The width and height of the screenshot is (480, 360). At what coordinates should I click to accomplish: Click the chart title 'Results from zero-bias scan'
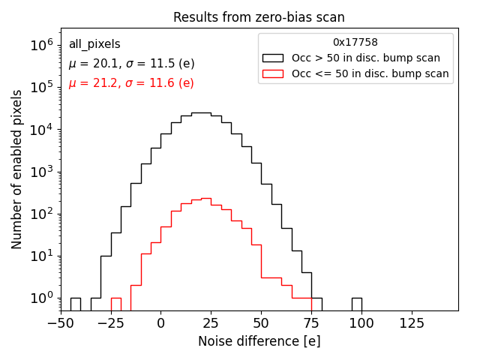(259, 17)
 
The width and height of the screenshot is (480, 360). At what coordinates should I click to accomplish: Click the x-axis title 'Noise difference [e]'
(259, 341)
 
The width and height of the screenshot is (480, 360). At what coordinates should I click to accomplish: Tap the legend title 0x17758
(355, 42)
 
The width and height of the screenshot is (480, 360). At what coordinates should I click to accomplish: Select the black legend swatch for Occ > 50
(272, 58)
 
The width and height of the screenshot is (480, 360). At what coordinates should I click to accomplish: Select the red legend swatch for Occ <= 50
(272, 73)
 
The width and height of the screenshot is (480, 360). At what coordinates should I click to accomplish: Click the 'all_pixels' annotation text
(94, 44)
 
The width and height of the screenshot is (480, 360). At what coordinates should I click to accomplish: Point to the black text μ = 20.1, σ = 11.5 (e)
(131, 64)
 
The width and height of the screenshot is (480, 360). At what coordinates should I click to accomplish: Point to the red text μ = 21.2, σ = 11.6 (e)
(131, 83)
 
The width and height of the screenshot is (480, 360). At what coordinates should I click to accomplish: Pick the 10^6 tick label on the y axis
(41, 45)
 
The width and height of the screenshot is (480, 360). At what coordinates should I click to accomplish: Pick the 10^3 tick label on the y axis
(41, 172)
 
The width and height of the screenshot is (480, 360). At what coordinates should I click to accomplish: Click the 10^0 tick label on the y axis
(41, 298)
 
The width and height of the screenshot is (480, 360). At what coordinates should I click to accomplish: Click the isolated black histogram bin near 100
(356, 304)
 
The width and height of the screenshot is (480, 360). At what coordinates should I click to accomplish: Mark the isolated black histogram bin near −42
(76, 304)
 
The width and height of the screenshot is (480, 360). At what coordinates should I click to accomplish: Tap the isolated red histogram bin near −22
(116, 304)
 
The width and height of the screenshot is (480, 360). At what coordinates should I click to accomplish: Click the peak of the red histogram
(205, 199)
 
